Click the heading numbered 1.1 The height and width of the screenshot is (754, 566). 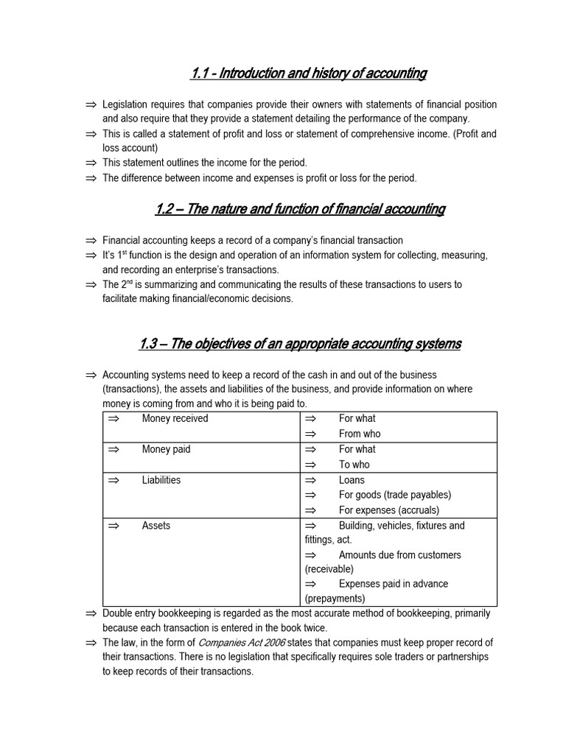point(308,73)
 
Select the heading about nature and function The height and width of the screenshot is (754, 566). point(300,209)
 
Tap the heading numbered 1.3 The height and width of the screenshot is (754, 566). point(300,344)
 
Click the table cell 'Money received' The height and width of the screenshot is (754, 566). point(175,418)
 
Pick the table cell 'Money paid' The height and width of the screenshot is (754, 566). point(166,449)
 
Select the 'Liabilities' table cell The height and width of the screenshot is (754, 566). point(161,480)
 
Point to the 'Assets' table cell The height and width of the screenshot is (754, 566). point(156,526)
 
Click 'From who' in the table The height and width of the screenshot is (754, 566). point(360,434)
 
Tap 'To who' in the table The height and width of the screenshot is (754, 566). point(354,465)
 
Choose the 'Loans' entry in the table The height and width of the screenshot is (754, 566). point(352,480)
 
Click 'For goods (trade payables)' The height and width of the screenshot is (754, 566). point(394,495)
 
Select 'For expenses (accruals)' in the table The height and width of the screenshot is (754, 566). point(388,510)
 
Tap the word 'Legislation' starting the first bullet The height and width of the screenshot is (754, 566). point(127,105)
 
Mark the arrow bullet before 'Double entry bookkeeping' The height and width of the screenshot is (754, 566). point(91,613)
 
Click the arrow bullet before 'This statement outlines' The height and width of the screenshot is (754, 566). point(91,163)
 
